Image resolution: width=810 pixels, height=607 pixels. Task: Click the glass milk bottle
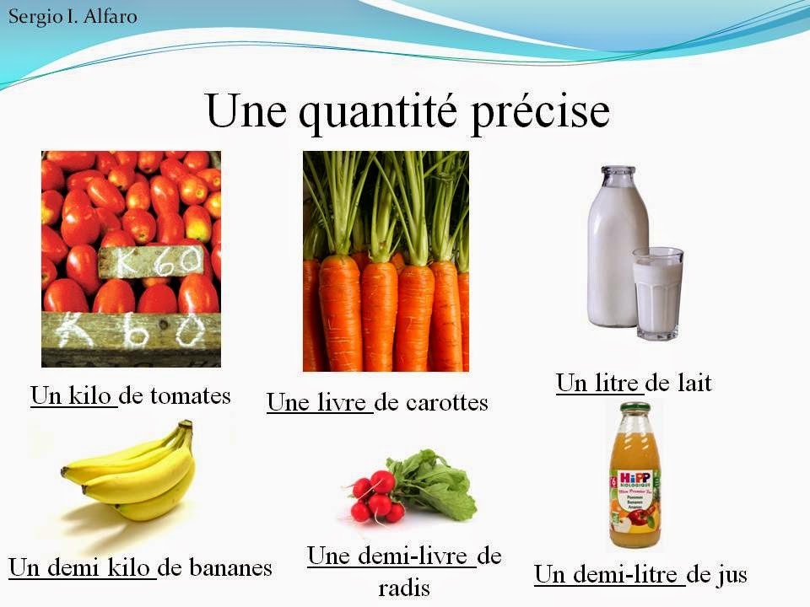pyautogui.click(x=618, y=244)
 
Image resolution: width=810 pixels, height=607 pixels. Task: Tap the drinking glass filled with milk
pyautogui.click(x=658, y=293)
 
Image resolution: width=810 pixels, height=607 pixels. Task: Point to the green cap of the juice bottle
pyautogui.click(x=634, y=411)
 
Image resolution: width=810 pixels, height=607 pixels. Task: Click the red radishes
pyautogui.click(x=375, y=497)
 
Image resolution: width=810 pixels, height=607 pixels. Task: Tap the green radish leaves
pyautogui.click(x=435, y=481)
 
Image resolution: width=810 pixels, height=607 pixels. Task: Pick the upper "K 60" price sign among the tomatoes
pyautogui.click(x=152, y=261)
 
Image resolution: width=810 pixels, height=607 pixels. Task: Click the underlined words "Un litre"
pyautogui.click(x=597, y=384)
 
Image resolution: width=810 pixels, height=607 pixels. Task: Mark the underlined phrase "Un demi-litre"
pyautogui.click(x=607, y=575)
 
